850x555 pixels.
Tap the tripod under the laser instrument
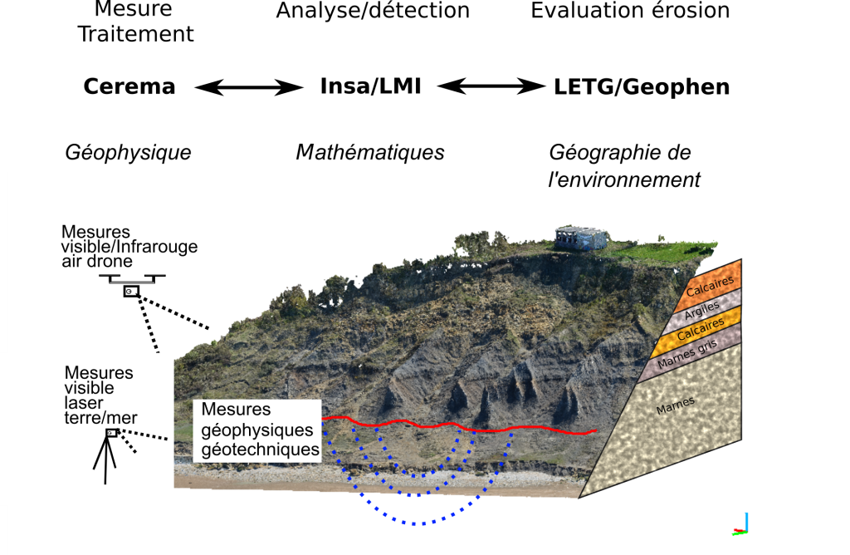[105, 459]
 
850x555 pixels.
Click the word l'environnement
[624, 179]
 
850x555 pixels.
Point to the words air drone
[96, 260]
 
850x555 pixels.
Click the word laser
[84, 403]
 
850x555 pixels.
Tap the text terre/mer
[100, 418]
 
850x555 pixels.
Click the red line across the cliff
[465, 428]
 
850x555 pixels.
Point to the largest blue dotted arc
[419, 522]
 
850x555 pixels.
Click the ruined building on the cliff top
[582, 238]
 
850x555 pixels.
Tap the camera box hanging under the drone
[131, 292]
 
